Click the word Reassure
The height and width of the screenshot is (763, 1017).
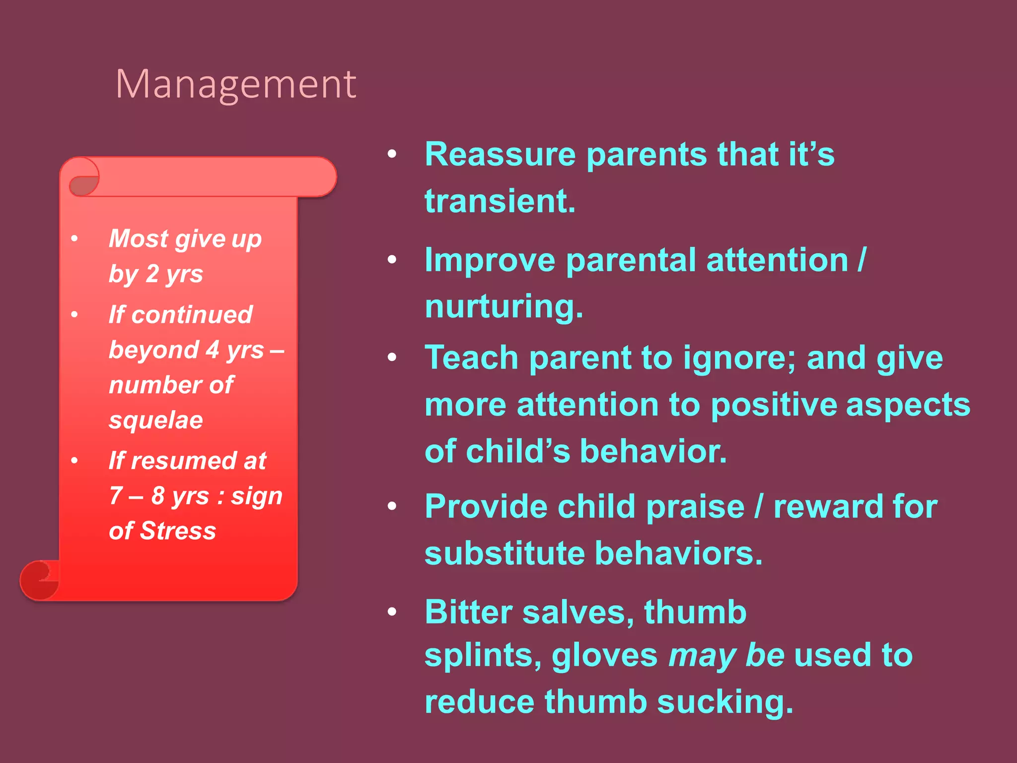(x=500, y=154)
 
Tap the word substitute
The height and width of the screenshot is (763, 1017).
(x=504, y=553)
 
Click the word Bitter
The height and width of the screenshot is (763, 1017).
(x=468, y=612)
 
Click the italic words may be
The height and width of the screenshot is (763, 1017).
(x=726, y=656)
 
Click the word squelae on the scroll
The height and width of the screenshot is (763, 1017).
(x=156, y=421)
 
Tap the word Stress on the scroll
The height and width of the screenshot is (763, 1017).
(x=178, y=531)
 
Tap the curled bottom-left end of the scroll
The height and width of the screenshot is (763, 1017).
(x=39, y=580)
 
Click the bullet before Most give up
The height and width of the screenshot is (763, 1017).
(x=74, y=239)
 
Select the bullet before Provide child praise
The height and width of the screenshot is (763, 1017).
(x=392, y=507)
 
